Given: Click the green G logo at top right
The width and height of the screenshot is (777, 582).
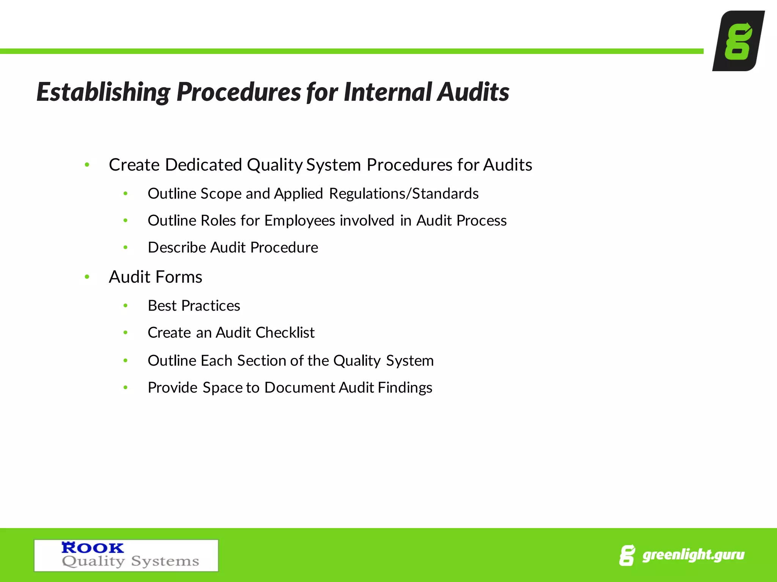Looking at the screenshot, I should pyautogui.click(x=738, y=41).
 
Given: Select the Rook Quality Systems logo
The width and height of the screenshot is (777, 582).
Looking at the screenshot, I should pyautogui.click(x=126, y=555).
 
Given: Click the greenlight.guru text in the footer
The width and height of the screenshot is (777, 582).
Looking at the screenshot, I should pyautogui.click(x=693, y=555).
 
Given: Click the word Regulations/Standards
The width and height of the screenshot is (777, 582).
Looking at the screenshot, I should pyautogui.click(x=404, y=194).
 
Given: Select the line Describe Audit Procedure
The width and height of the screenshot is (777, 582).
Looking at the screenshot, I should pyautogui.click(x=233, y=247).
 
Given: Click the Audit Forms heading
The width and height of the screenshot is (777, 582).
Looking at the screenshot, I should pyautogui.click(x=156, y=277).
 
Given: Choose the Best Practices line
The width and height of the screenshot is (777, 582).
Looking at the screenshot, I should pyautogui.click(x=194, y=306).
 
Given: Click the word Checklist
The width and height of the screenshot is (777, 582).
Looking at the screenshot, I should pyautogui.click(x=285, y=333).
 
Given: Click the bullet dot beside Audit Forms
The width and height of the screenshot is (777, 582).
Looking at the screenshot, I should pyautogui.click(x=87, y=277).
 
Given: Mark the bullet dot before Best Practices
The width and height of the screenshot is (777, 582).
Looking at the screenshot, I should pyautogui.click(x=126, y=306).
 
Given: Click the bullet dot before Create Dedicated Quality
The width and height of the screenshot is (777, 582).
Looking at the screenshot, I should pyautogui.click(x=87, y=165).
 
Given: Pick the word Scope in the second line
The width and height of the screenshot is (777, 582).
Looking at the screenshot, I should pyautogui.click(x=221, y=194).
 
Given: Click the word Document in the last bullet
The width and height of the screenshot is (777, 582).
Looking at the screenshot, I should pyautogui.click(x=300, y=388).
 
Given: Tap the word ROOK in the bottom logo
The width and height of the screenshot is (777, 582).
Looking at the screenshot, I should pyautogui.click(x=93, y=548).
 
